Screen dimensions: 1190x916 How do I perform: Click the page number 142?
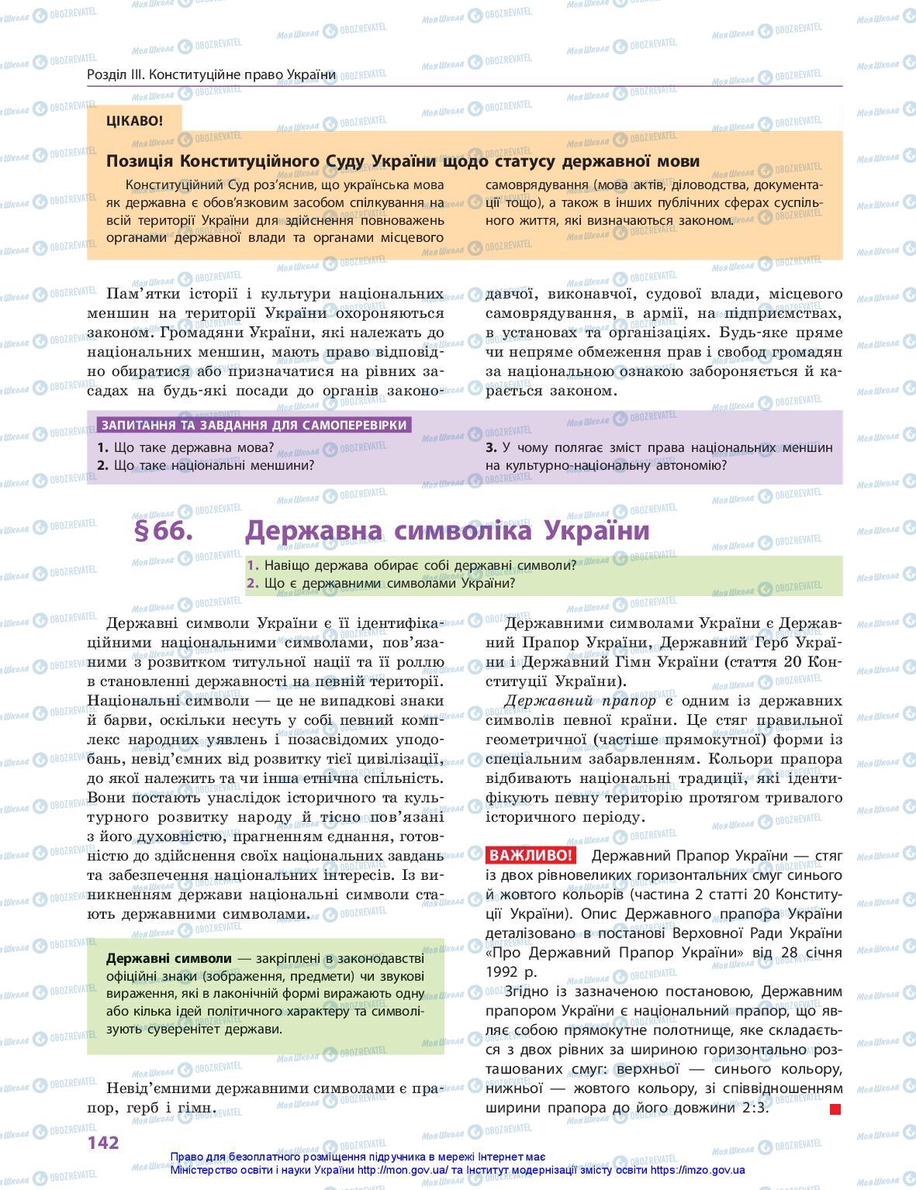click(x=103, y=1142)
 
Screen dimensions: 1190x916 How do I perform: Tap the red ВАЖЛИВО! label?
click(x=531, y=856)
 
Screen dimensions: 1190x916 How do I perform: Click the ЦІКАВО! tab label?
click(x=135, y=120)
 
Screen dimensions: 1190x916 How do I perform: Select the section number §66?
click(x=163, y=532)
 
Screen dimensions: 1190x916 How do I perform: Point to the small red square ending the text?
click(x=835, y=1109)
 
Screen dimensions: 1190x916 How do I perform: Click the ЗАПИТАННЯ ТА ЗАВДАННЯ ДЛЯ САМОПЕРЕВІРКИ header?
click(x=252, y=425)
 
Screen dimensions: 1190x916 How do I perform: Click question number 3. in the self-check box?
click(x=491, y=447)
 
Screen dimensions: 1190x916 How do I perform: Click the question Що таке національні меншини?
click(x=213, y=465)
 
